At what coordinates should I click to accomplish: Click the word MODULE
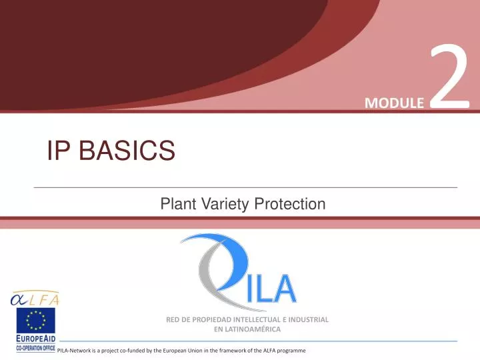pos(394,103)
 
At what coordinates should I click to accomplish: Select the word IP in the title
pos(59,151)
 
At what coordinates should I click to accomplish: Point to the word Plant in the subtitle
pos(175,205)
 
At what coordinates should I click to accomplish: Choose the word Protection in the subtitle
pos(289,205)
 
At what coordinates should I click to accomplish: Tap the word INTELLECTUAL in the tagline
pos(262,319)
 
